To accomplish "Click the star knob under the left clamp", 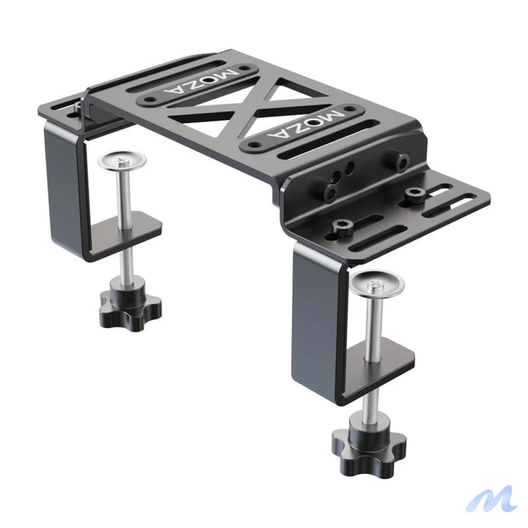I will coord(130,307).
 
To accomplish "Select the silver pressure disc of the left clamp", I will coord(122,159).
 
